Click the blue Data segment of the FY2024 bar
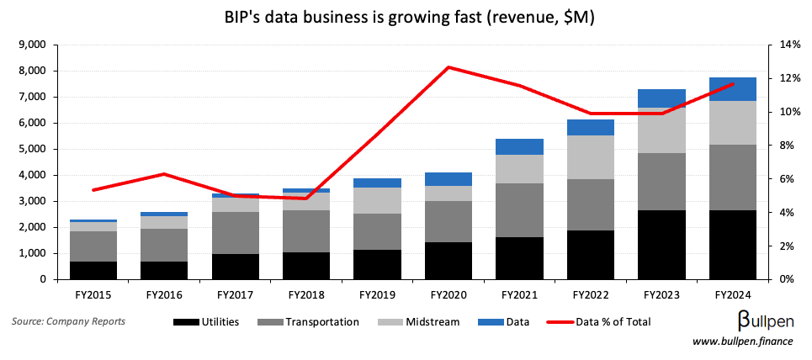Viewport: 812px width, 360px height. pos(732,89)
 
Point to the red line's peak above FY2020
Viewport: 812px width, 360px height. pos(448,67)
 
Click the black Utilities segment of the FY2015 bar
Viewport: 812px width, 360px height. pos(93,270)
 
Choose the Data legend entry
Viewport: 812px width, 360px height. pos(503,321)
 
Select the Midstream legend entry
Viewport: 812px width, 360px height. pos(422,321)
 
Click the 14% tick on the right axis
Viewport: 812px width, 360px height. pos(786,45)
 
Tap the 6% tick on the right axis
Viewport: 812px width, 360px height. pos(783,179)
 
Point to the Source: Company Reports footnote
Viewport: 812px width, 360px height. pos(69,321)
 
